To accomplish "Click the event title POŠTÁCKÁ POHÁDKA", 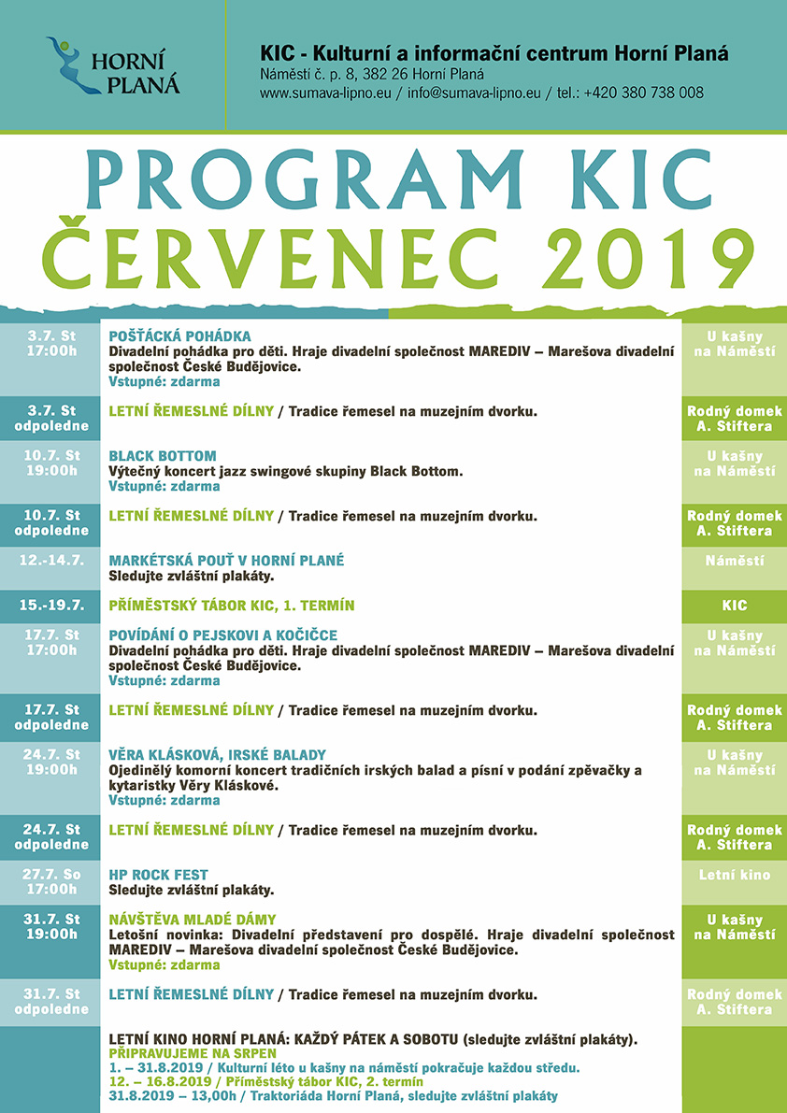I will click(180, 336).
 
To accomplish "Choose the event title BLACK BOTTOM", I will click(163, 456).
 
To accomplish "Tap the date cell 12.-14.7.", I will click(51, 561).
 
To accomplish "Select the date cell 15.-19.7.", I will click(51, 606).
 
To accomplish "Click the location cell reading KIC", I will click(735, 606).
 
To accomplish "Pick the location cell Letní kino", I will click(735, 875).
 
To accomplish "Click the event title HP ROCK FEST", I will click(159, 875).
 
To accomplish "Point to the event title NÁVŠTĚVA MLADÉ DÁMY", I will click(193, 920).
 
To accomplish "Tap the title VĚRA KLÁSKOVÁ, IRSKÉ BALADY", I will click(218, 755).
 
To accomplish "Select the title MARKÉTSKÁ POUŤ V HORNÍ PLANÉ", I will click(227, 561).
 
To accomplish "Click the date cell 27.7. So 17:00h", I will click(51, 882).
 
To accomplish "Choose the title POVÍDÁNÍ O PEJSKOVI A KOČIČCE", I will click(223, 635).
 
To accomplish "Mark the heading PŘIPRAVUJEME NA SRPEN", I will click(186, 1053).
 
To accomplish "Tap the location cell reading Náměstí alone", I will click(735, 561).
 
